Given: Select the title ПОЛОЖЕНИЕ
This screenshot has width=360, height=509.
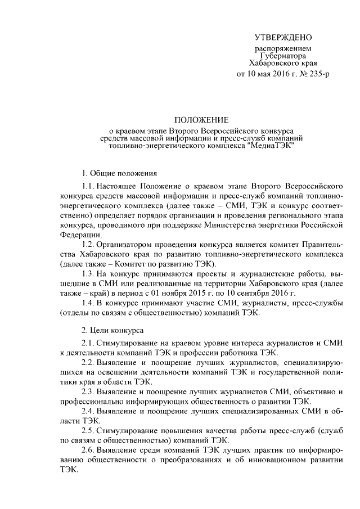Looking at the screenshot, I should [201, 120].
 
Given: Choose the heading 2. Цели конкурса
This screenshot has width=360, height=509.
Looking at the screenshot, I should [112, 330].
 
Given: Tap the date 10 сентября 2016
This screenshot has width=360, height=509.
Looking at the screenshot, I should [265, 294].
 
